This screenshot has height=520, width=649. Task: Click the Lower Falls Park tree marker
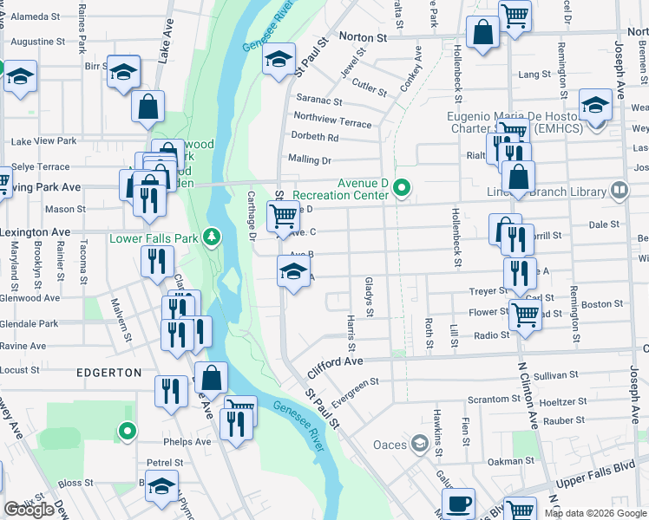pyautogui.click(x=211, y=237)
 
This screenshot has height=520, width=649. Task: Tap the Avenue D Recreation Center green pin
pyautogui.click(x=401, y=187)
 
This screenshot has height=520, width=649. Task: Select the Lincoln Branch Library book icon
pyautogui.click(x=619, y=190)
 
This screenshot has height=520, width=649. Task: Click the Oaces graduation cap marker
pyautogui.click(x=420, y=445)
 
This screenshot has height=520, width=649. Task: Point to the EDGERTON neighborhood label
pyautogui.click(x=108, y=372)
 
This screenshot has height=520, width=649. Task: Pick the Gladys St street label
pyautogui.click(x=369, y=297)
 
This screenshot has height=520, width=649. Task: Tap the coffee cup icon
pyautogui.click(x=458, y=502)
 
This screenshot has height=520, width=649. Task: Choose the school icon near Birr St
pyautogui.click(x=123, y=71)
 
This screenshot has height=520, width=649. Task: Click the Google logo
pyautogui.click(x=29, y=510)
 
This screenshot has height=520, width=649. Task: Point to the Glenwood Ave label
pyautogui.click(x=30, y=297)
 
